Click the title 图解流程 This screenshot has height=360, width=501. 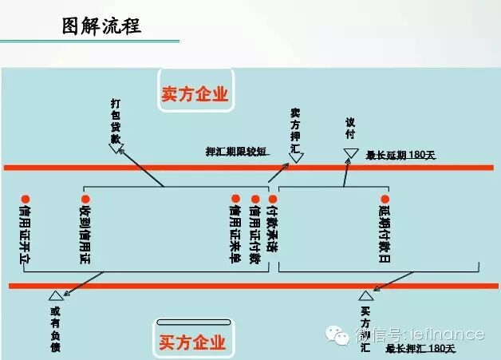coord(101,26)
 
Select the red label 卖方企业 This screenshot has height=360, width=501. coord(195,94)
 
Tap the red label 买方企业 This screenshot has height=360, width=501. coord(192,342)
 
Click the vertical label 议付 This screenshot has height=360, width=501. coord(349,129)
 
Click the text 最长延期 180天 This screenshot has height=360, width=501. coord(399,155)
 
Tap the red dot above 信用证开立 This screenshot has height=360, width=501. coord(26,199)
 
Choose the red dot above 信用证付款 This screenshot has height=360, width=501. coord(255,199)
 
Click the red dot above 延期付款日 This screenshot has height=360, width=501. coord(385,199)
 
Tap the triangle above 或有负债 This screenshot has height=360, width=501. coord(55,296)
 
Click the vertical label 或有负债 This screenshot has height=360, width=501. coord(55,328)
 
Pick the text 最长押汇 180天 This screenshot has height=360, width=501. coord(420,349)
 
